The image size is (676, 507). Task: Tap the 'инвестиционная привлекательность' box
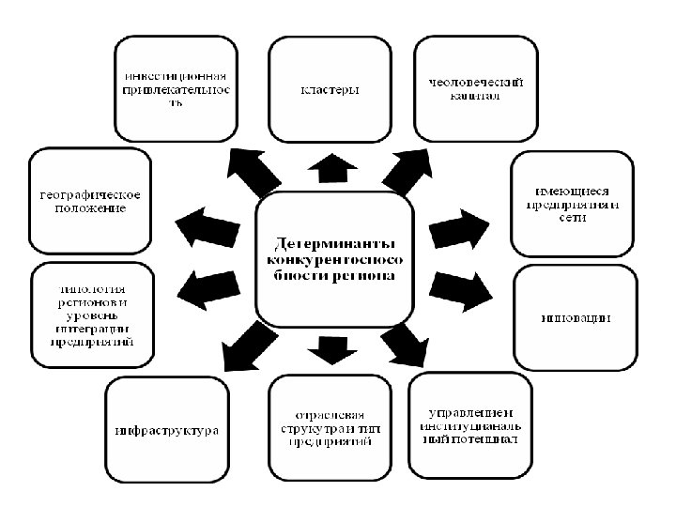point(176,88)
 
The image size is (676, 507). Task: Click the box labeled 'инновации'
point(575,318)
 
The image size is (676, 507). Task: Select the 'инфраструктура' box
point(166,430)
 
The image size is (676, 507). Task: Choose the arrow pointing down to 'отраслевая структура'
point(331,347)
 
